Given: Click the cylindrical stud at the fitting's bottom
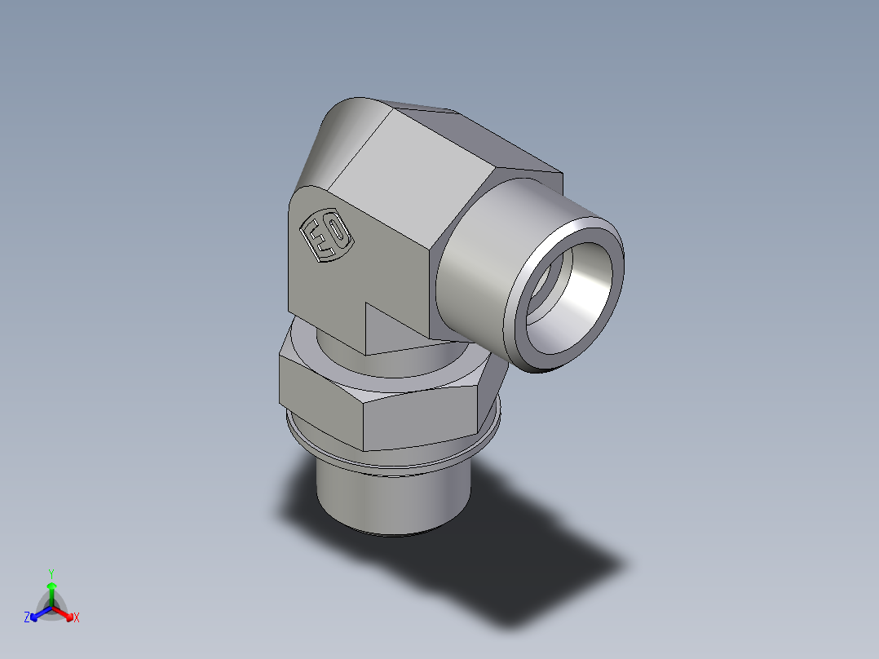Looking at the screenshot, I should coord(391,498).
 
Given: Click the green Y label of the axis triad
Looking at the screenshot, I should coord(51,573).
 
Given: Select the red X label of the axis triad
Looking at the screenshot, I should coord(76,618).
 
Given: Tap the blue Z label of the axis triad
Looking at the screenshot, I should coord(27,618).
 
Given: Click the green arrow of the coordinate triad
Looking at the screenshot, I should coord(51,591).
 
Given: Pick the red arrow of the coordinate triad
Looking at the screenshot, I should coord(64,613).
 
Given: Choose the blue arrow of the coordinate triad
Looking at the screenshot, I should coord(38,613).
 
